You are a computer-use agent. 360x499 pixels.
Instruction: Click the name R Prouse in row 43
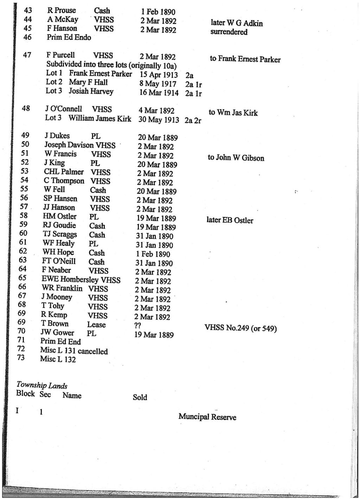tap(62, 10)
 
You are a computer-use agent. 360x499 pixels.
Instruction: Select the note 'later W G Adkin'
tap(236, 22)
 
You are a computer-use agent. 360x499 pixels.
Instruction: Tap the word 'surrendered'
tap(228, 32)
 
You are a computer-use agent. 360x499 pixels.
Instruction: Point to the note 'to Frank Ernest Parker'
tap(245, 59)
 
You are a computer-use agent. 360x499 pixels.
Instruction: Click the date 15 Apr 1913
tap(158, 75)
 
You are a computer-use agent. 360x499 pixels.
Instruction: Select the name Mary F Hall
tap(88, 82)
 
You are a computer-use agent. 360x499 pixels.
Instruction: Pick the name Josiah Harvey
tap(91, 91)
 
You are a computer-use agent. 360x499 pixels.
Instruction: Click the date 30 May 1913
tap(159, 119)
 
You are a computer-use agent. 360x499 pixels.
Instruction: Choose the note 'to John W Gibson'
tap(236, 158)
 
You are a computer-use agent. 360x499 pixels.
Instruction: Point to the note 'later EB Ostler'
tap(230, 220)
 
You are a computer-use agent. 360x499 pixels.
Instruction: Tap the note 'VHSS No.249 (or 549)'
tap(241, 328)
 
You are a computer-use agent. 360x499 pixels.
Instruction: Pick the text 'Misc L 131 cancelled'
tap(74, 351)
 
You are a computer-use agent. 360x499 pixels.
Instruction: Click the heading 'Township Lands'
tap(42, 385)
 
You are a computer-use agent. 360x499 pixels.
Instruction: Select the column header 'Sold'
tap(140, 397)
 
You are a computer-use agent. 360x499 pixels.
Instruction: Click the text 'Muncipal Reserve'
tap(207, 417)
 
